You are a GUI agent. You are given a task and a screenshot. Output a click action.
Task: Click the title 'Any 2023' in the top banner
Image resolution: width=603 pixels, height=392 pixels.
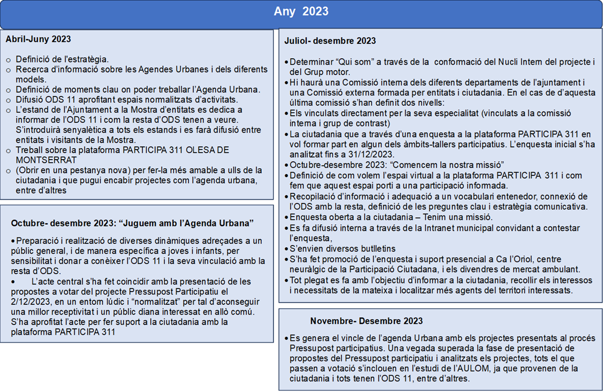coord(301,12)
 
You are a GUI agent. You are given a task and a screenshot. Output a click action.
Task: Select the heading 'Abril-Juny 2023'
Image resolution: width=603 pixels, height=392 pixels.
coord(38,39)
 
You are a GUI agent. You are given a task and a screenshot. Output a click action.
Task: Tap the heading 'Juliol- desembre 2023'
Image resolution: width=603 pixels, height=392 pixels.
coord(330,41)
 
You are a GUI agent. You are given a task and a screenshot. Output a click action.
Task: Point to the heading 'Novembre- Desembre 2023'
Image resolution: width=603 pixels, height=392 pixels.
coord(366,321)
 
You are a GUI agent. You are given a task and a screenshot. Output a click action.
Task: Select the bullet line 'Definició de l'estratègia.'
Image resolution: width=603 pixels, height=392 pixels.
coord(62,59)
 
